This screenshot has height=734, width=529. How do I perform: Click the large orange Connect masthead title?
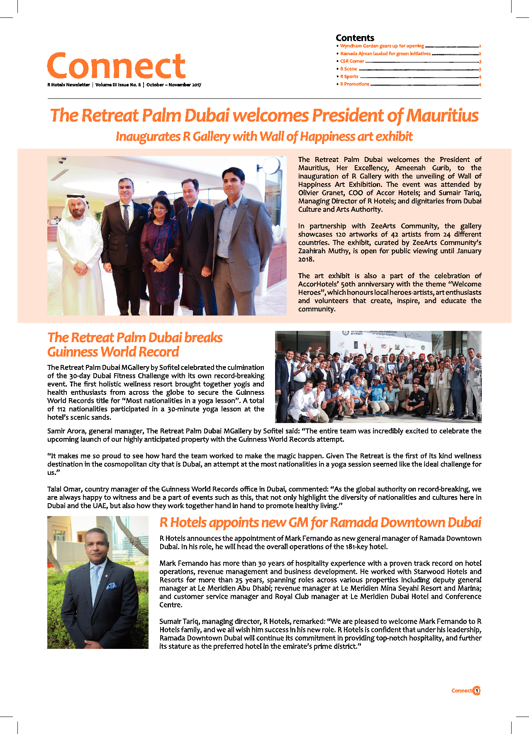[x=116, y=66]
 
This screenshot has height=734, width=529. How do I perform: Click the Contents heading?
[x=355, y=38]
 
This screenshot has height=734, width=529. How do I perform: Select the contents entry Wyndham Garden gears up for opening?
[x=382, y=46]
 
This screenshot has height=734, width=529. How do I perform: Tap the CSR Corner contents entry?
[x=352, y=61]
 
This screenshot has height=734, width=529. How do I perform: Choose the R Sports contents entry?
[x=349, y=77]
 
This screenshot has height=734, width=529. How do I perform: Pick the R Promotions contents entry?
[x=354, y=84]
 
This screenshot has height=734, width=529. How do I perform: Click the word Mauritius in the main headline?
[x=442, y=115]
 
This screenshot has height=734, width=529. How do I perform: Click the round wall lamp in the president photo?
[x=271, y=166]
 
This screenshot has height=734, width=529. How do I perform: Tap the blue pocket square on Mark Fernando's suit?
[x=111, y=586]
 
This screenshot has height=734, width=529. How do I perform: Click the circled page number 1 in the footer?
[x=476, y=690]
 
